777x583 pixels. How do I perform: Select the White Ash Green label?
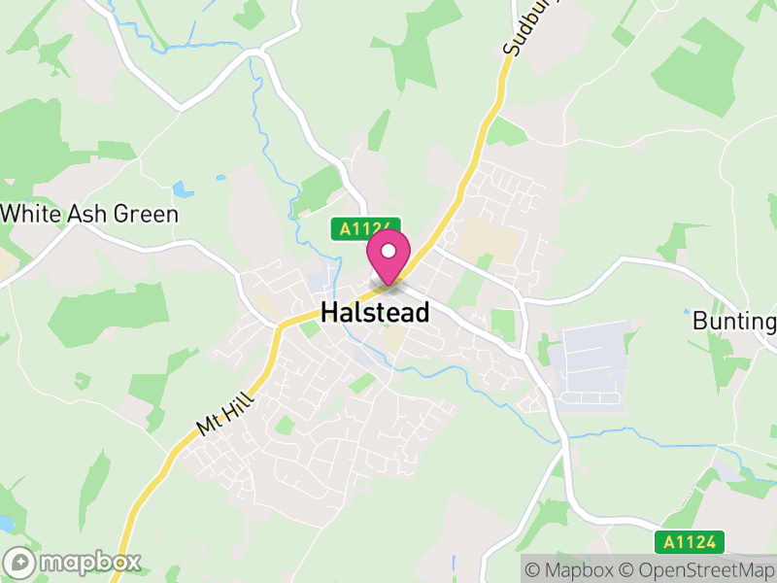[90, 214]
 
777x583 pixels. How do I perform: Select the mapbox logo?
[74, 562]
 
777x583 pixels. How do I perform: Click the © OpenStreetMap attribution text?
[699, 568]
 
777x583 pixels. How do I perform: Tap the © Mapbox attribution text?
[570, 568]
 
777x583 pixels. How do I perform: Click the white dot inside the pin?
[388, 250]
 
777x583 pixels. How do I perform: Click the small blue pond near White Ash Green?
[182, 189]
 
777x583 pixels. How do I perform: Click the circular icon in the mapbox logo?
[18, 562]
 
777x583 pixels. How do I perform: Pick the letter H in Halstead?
[330, 313]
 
